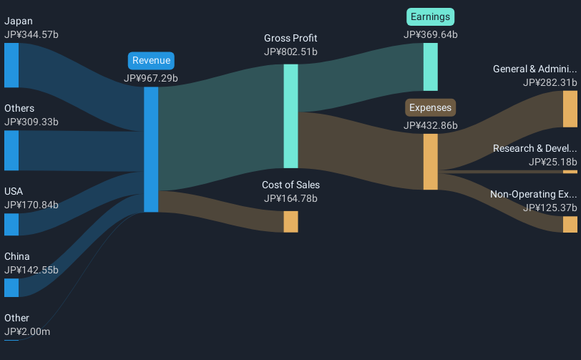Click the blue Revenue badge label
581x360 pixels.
coord(151,61)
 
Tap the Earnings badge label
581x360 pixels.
coord(431,16)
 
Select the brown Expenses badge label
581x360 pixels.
coord(431,108)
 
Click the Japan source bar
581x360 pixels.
coord(11,65)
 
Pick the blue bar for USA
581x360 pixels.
coord(11,224)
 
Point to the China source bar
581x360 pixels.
coord(11,288)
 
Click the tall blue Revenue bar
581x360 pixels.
coord(151,150)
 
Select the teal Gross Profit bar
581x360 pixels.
coord(290,116)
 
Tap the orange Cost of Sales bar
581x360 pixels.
coord(290,221)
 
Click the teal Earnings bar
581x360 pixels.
coord(430,67)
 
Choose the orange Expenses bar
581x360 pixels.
coord(430,162)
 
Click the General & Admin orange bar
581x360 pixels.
coord(570,109)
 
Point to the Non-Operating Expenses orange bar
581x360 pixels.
coord(570,224)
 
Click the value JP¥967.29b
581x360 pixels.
coord(151,78)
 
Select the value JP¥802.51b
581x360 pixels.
coord(290,52)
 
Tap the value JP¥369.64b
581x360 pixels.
coord(431,34)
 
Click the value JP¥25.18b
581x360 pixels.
coord(552,162)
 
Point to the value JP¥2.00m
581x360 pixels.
coord(27,331)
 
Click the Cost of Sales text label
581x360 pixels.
coord(290,185)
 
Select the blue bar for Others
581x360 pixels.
coord(11,150)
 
